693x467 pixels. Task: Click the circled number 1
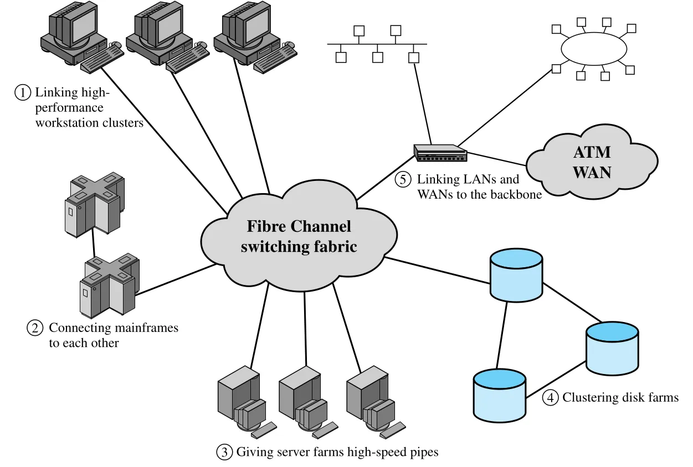tap(23, 92)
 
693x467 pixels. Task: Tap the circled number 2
tap(35, 328)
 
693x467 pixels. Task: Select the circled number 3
tap(224, 452)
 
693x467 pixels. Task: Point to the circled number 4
tap(551, 397)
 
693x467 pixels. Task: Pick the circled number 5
tap(403, 180)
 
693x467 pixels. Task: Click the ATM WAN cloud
tap(592, 162)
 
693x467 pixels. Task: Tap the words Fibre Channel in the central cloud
tap(299, 226)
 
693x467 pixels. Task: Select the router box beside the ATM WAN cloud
tap(440, 153)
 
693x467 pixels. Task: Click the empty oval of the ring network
tap(594, 49)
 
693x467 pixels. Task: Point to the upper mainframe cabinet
tap(94, 205)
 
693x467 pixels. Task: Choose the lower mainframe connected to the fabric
tap(110, 286)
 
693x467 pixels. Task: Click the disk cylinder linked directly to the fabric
tap(516, 275)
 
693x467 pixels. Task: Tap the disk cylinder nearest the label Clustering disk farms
tap(500, 395)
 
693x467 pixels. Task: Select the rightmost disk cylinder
tap(612, 349)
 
